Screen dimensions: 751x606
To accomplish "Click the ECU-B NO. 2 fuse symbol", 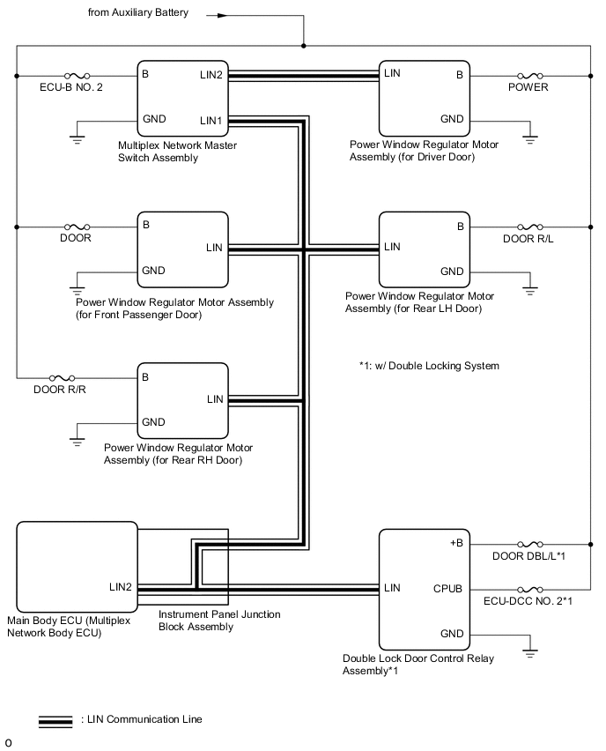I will click(x=75, y=76).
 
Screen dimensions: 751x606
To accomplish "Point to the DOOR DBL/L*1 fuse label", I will click(x=528, y=556).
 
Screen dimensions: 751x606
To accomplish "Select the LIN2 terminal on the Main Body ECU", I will click(x=121, y=587).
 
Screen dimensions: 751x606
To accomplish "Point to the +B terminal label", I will click(x=454, y=543).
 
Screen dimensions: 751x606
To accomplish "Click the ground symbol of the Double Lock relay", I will click(x=528, y=653).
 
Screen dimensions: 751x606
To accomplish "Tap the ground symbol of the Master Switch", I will click(x=77, y=138).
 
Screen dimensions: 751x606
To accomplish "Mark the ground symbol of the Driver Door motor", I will click(x=528, y=138).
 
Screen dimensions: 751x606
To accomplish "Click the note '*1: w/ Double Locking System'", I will click(x=429, y=366).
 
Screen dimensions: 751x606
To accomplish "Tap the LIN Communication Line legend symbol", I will click(x=55, y=720).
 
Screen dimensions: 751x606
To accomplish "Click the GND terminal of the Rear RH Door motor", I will click(x=153, y=422).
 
